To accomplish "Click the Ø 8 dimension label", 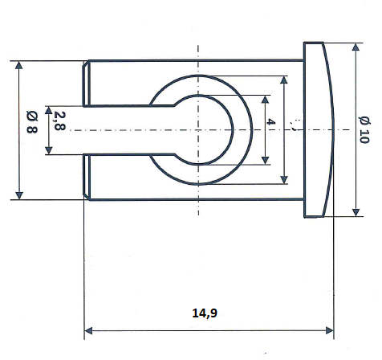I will (32, 129).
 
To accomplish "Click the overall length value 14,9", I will (205, 313).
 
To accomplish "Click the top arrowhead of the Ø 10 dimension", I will (356, 47).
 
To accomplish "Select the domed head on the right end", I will (319, 129).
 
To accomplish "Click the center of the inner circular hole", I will (198, 129).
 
